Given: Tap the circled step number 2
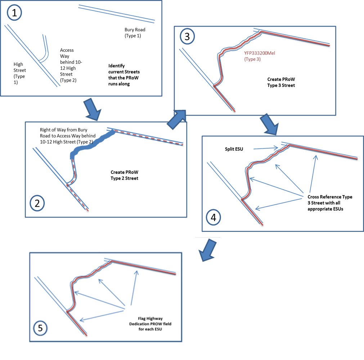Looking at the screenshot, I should click(37, 203).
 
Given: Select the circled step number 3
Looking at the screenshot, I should click(187, 36).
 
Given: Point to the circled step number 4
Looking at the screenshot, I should click(213, 217).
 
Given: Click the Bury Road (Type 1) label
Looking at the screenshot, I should click(135, 33).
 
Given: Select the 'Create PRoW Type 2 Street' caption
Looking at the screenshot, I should click(125, 176).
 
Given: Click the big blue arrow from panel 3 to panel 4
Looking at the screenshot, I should click(269, 124).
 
